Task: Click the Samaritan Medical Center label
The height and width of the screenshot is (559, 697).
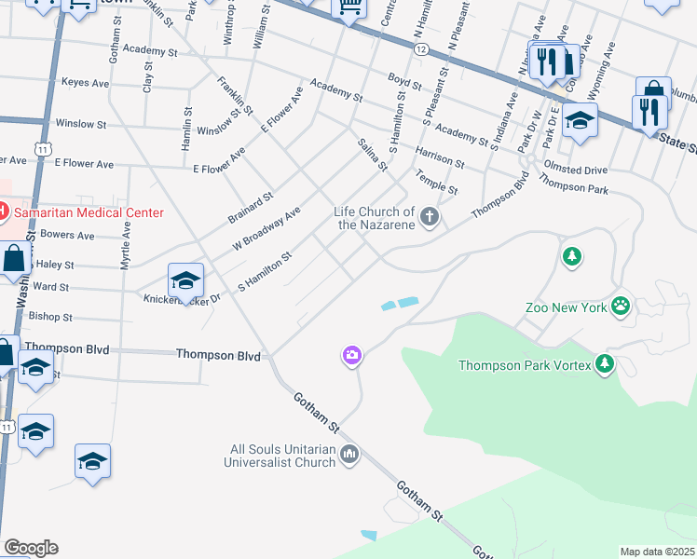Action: click(88, 213)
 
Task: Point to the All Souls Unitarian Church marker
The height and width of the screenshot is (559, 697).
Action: click(350, 455)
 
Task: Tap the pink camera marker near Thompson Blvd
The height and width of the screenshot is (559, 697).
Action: click(351, 354)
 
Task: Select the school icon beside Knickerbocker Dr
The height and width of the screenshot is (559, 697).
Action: click(186, 279)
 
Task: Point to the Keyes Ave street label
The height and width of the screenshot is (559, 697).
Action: click(87, 83)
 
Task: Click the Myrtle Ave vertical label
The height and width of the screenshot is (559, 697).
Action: click(126, 239)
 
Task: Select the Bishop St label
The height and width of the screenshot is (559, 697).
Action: click(50, 318)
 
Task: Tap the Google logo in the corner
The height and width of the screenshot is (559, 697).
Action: click(31, 548)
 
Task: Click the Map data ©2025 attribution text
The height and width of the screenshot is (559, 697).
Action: click(658, 552)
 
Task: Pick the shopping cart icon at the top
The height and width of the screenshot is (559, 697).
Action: click(349, 7)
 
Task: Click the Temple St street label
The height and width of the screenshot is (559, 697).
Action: click(436, 182)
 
